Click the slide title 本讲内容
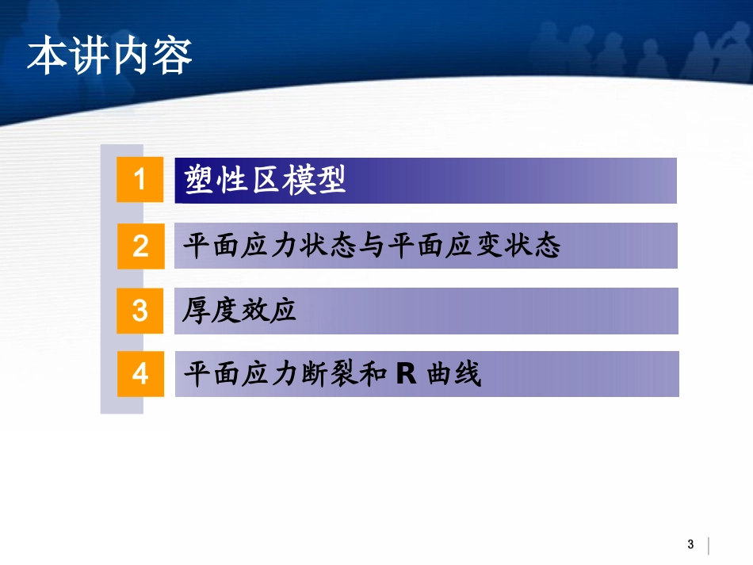(109, 58)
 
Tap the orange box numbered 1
(140, 180)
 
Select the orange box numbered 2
(140, 246)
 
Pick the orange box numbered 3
(140, 310)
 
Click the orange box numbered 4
(140, 373)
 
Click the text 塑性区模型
(266, 180)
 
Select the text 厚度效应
(239, 311)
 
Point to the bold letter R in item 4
(406, 374)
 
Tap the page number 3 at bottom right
(690, 544)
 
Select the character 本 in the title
(47, 58)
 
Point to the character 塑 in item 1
(200, 180)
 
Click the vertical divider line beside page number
(708, 545)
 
